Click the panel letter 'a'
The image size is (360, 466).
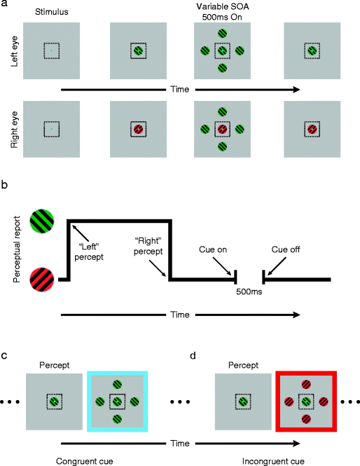(x=5, y=4)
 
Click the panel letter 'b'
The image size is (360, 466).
(x=5, y=188)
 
